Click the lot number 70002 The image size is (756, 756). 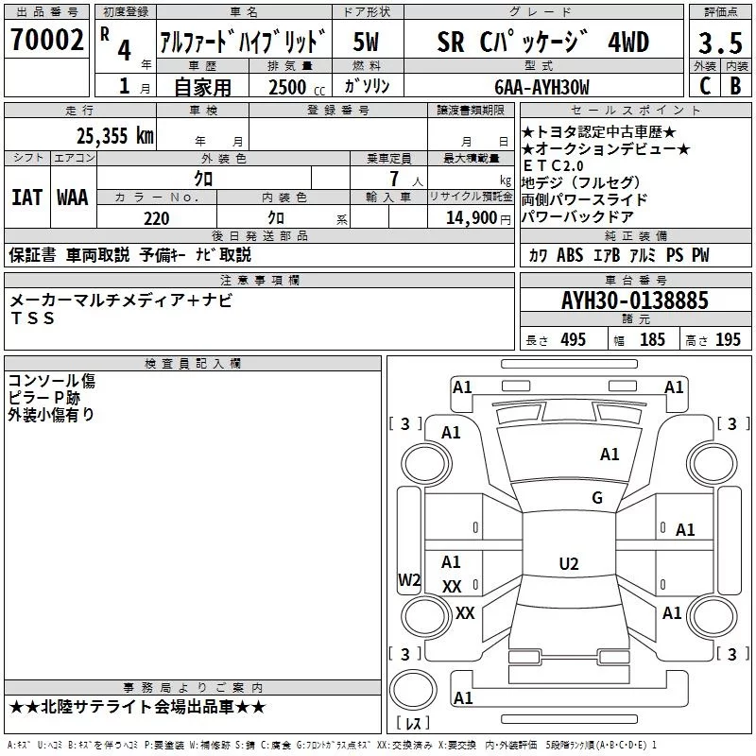46,40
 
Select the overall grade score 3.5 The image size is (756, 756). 720,43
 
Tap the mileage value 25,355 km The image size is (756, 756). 114,135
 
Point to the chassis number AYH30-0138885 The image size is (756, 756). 635,301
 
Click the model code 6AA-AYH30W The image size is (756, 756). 541,87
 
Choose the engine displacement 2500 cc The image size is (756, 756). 297,87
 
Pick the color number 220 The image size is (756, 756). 156,218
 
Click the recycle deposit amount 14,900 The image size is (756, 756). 472,218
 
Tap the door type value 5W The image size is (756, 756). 366,42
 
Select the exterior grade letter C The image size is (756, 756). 705,86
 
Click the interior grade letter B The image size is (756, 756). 735,86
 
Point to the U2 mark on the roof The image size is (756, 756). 569,563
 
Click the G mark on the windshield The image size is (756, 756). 597,497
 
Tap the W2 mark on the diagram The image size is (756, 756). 409,579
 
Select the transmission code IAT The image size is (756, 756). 26,198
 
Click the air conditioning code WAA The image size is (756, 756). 73,198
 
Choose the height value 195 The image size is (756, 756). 728,339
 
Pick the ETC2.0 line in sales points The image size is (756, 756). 553,166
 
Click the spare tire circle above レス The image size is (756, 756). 413,689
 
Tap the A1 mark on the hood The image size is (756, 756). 610,455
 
